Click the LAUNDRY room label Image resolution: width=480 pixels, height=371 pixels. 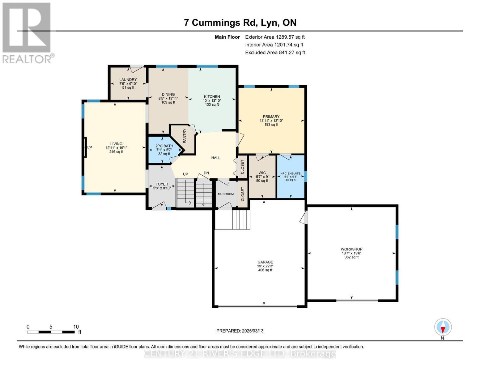click(x=128, y=80)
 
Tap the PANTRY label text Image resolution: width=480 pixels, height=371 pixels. click(x=185, y=136)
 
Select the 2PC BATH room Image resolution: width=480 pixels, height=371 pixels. click(x=164, y=150)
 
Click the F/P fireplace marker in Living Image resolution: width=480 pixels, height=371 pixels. click(x=89, y=147)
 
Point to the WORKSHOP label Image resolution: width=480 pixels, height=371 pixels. click(x=351, y=249)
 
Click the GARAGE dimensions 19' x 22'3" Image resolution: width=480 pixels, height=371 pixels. click(x=265, y=266)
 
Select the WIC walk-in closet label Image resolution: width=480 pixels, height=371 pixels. click(x=262, y=173)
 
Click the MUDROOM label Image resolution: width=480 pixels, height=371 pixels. click(x=226, y=194)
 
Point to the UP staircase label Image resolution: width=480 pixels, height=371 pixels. click(x=185, y=174)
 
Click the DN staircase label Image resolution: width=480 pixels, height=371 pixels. click(x=206, y=173)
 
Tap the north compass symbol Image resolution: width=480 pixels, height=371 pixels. click(x=443, y=327)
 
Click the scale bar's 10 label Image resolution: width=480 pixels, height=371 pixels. click(x=76, y=327)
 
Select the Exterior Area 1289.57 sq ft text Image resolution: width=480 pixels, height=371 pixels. click(x=275, y=37)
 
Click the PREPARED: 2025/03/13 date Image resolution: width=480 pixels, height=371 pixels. click(x=240, y=331)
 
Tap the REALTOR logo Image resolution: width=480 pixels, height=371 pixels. click(x=27, y=32)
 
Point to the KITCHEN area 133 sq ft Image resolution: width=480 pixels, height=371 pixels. click(x=212, y=104)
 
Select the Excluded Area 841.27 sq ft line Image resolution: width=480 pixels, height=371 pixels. click(x=275, y=53)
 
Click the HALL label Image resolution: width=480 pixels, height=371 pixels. click(x=216, y=158)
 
